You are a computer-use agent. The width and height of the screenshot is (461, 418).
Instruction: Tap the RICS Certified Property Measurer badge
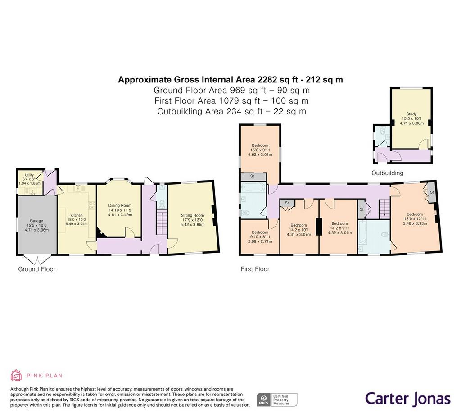277,400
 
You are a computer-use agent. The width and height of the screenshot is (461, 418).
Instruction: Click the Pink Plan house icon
16,375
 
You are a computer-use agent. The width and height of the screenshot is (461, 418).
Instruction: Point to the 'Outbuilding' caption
388,173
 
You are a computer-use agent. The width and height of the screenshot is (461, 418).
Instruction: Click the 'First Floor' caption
255,269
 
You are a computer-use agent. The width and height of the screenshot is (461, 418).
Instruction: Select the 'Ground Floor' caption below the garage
37,269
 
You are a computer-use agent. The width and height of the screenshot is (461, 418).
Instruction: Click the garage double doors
37,259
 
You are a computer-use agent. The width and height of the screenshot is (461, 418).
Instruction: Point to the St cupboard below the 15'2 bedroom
252,177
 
